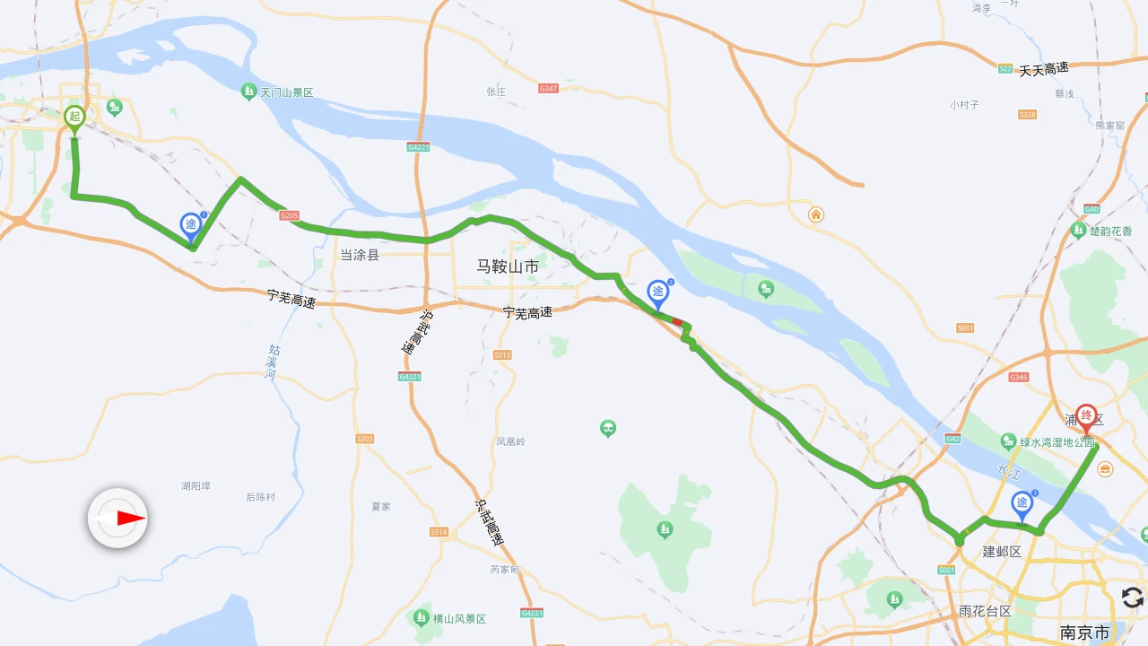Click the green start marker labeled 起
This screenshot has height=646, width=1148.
74,117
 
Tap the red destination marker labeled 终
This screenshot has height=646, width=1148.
1086,416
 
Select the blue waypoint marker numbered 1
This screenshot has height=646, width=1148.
191,224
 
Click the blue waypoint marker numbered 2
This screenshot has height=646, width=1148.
658,292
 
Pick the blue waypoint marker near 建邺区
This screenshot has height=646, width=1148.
1022,503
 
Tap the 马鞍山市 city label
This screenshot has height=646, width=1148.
508,266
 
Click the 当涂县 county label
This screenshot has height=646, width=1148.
360,255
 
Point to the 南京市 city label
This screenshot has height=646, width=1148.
1084,633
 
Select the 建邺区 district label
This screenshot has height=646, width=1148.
1002,551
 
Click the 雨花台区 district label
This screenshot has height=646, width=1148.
985,611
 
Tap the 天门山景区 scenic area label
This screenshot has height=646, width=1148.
286,92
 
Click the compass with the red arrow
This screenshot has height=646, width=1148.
117,518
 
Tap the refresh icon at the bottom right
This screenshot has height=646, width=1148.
1132,598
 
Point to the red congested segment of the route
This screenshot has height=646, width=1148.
677,321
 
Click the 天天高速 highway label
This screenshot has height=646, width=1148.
1044,69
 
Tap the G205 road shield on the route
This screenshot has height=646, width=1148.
289,215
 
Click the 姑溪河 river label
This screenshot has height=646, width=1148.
272,362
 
